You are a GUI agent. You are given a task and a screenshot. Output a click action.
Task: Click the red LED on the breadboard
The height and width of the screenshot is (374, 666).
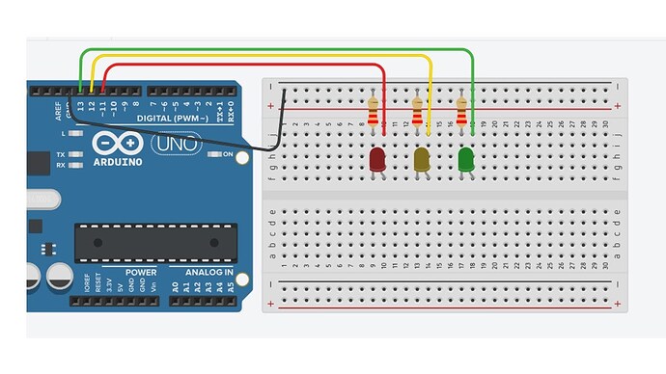[377, 160]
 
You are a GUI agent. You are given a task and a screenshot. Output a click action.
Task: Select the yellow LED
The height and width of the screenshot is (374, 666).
[422, 160]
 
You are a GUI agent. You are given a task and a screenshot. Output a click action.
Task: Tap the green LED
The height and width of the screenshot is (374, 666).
[466, 160]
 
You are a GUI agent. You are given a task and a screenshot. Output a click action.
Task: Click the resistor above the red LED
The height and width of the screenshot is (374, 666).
[374, 114]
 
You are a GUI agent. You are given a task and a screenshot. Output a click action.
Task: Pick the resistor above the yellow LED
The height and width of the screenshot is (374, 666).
[417, 114]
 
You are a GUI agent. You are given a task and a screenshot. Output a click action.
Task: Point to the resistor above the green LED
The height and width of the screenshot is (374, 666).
[461, 114]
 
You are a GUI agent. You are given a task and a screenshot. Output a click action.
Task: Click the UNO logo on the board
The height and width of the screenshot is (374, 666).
[176, 144]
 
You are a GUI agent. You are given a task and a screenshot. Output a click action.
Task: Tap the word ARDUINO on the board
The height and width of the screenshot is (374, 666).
[119, 162]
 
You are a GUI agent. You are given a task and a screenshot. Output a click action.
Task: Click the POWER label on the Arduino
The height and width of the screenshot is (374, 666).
[140, 272]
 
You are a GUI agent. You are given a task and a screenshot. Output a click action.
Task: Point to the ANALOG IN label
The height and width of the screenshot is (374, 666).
[203, 272]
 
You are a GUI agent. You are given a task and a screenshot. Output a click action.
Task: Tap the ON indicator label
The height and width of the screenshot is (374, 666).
[229, 154]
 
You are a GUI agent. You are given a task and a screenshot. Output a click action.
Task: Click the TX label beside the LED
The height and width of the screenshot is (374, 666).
[60, 154]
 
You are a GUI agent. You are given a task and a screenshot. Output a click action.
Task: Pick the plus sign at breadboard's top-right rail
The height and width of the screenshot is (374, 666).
[618, 105]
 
